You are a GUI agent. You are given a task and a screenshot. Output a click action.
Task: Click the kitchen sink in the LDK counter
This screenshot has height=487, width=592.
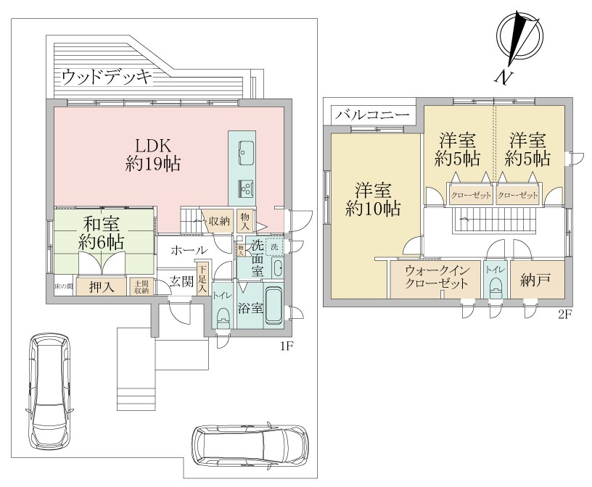coord(243,153)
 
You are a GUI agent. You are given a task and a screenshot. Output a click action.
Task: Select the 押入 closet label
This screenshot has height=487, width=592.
coord(102,287)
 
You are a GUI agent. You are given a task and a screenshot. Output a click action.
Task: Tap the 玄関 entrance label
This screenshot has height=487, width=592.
coord(181,281)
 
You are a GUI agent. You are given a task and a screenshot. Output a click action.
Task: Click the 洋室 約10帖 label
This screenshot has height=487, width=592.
coord(373,199)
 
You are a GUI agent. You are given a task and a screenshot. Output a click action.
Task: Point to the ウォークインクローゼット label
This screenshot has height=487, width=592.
coord(435,278)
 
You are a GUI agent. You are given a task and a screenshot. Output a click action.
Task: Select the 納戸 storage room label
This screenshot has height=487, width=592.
coord(535,282)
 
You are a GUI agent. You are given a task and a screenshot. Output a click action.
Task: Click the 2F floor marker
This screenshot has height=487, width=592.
coord(565,316)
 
